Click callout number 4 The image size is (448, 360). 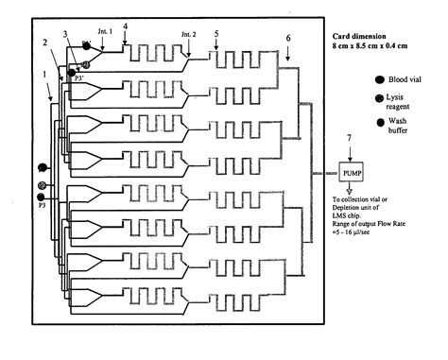[126, 13]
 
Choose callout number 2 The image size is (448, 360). [44, 43]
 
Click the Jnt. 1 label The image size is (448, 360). [106, 31]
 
